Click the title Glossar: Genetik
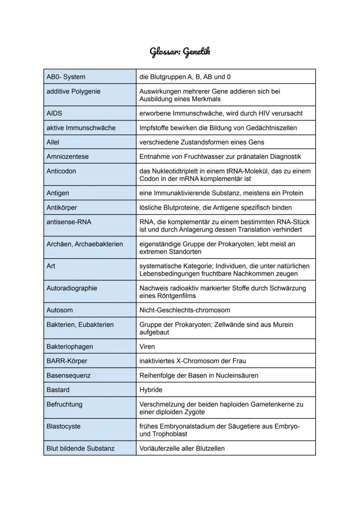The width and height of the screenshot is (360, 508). [180, 52]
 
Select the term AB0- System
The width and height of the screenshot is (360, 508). [66, 77]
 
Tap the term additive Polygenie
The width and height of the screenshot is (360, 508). [73, 91]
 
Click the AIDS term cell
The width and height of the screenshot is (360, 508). [54, 113]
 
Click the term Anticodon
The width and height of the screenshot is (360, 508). [61, 171]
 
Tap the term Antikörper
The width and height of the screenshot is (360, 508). [62, 207]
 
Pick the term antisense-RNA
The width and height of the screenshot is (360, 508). [69, 222]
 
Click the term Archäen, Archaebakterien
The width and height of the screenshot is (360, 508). [85, 244]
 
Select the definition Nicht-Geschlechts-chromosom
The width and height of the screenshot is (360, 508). [185, 310]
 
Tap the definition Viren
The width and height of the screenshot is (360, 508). [147, 347]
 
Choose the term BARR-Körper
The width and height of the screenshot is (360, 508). [67, 361]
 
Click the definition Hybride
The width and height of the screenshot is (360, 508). [151, 390]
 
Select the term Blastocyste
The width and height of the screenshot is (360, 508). [63, 426]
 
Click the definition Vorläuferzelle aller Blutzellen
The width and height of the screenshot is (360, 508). [182, 448]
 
